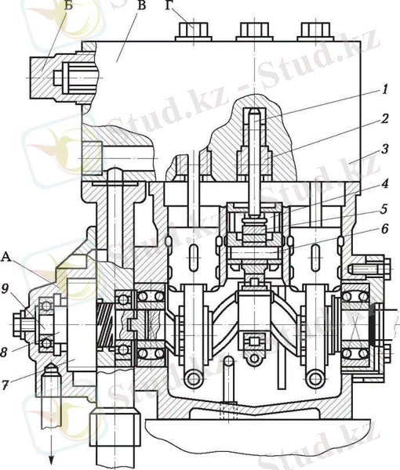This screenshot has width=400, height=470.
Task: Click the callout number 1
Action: pos(385,89)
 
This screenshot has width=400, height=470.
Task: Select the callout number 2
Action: pos(385,119)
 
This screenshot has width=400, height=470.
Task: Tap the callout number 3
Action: pos(385,149)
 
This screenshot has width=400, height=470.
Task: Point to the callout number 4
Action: pos(385,183)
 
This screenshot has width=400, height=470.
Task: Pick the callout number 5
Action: pos(384,209)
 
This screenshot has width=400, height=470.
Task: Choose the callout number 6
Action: pos(384,229)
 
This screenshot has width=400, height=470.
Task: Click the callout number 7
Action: pos(5,385)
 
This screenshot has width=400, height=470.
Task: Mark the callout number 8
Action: pos(4,352)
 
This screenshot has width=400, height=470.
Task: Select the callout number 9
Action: pos(5,288)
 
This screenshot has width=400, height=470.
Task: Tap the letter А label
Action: pos(6,257)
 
